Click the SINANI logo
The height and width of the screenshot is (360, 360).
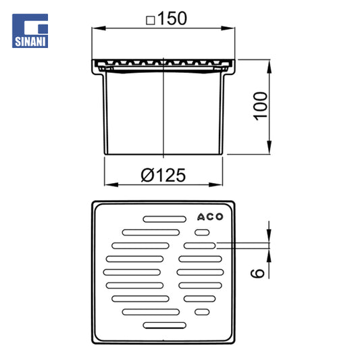[x=30, y=31]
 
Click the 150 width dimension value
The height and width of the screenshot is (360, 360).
[x=172, y=18]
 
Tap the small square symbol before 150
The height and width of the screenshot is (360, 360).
[x=151, y=20]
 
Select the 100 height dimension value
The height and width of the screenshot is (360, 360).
[x=260, y=106]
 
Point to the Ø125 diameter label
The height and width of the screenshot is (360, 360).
[x=163, y=175]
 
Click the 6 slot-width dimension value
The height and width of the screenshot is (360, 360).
[x=257, y=273]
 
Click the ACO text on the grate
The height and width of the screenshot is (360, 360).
[x=210, y=217]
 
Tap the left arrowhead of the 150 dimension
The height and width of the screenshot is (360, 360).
[x=99, y=28]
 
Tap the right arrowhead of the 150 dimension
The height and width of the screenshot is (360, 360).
[x=228, y=28]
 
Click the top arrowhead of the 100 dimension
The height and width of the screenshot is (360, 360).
[x=269, y=67]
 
